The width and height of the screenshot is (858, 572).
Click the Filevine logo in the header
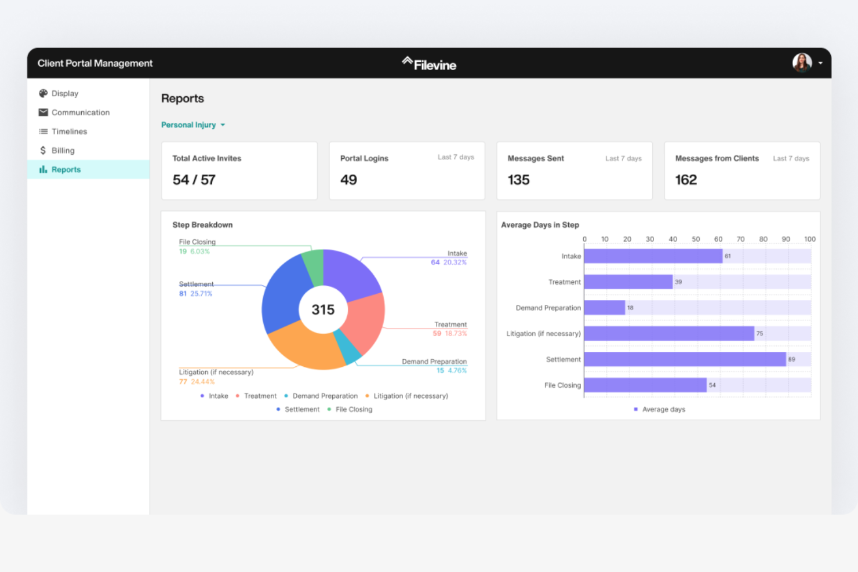(429, 64)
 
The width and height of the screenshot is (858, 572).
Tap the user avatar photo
(802, 63)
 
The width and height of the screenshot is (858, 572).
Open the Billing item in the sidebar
(63, 151)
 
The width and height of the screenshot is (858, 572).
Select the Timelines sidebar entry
(69, 132)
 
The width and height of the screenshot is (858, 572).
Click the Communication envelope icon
(43, 112)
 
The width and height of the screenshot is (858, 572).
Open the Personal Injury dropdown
(193, 125)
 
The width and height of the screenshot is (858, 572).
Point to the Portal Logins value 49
(348, 180)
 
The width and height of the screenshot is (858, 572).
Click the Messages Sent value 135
(518, 180)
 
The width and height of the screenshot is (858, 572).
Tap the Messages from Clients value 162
(686, 180)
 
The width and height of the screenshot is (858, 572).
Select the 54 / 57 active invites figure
(194, 180)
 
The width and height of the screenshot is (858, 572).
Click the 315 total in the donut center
(323, 310)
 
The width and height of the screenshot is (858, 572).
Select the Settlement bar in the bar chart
(684, 359)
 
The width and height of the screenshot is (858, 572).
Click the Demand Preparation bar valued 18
(604, 308)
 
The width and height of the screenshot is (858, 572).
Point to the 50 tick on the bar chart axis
(696, 239)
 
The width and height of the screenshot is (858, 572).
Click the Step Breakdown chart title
(202, 225)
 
